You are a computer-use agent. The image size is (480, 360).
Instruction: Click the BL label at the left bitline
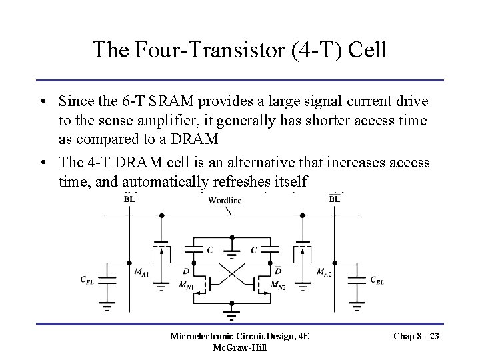point(130,198)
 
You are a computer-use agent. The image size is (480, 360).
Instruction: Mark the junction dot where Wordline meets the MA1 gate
point(160,215)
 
